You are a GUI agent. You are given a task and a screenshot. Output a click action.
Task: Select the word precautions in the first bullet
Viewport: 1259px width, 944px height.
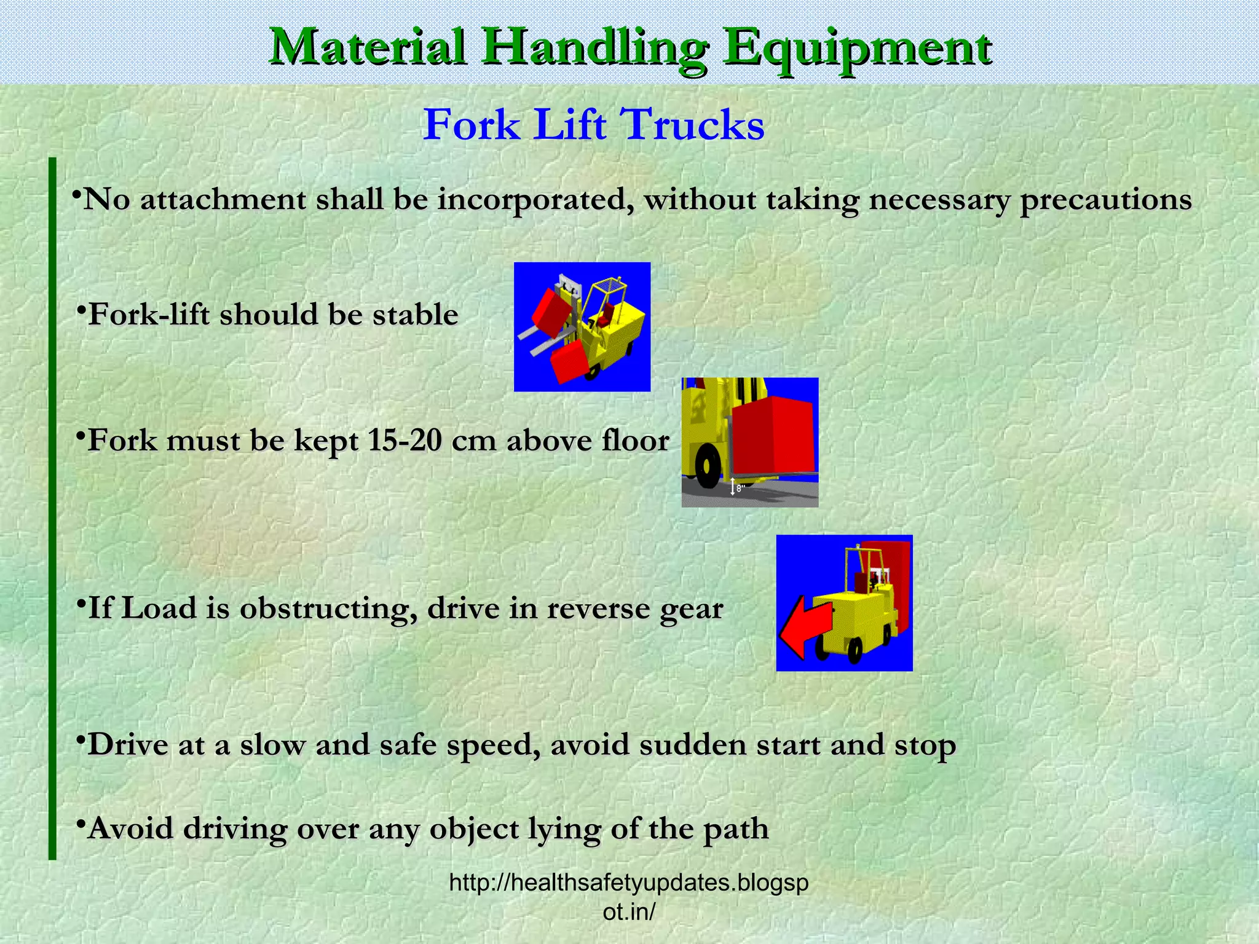1106,200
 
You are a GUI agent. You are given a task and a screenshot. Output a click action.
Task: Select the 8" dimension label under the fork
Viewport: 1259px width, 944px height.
740,489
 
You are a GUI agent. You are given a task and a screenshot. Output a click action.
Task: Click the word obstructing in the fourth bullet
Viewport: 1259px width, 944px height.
324,608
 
